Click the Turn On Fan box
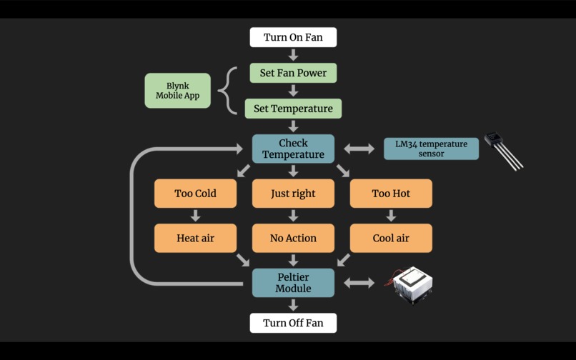[293, 37]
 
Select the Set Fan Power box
[293, 73]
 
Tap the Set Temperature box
[293, 109]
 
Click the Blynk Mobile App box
[177, 91]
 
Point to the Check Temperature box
[293, 149]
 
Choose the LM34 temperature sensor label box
[431, 149]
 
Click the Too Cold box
[195, 194]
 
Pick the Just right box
[293, 194]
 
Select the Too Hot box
[391, 194]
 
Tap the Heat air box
[195, 238]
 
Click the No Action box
[293, 238]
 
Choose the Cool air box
[391, 238]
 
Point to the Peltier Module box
[293, 283]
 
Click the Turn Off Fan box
[293, 323]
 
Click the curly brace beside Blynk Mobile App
[227, 91]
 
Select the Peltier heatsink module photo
[412, 284]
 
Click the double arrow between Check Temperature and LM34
[359, 149]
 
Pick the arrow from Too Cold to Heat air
[195, 216]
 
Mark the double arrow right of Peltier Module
[359, 283]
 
